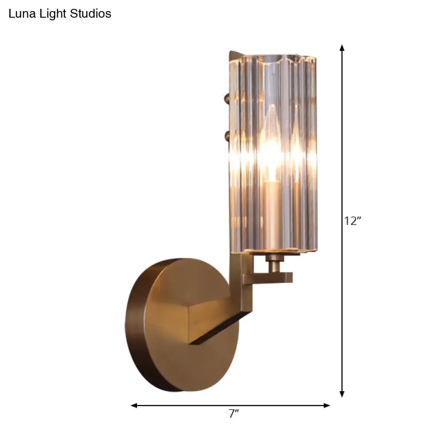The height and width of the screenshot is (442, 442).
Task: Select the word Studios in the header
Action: click(x=91, y=14)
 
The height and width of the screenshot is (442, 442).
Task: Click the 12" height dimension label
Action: click(x=353, y=221)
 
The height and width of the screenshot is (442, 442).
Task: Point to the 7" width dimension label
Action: click(x=233, y=414)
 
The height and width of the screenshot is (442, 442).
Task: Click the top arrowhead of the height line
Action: click(x=342, y=48)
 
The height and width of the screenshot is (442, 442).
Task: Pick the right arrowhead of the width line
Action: click(x=327, y=405)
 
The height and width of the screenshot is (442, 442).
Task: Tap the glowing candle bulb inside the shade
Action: click(x=271, y=146)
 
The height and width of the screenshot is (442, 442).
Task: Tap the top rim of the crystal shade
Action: click(x=274, y=57)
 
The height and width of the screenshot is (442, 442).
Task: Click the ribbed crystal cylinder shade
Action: click(x=292, y=177)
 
